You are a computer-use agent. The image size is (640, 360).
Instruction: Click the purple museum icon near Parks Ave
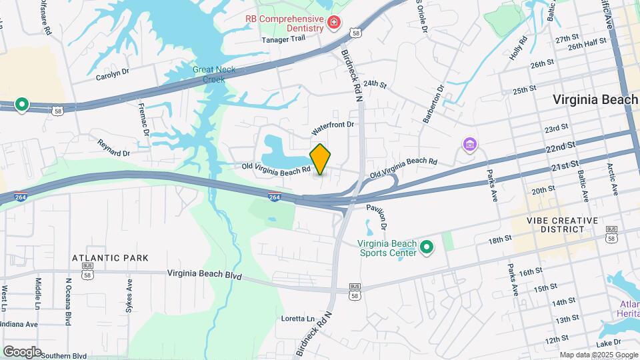coord(470,144)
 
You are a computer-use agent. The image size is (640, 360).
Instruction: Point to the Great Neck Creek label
coord(209,74)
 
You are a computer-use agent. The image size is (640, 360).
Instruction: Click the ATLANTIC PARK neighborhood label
coord(111,257)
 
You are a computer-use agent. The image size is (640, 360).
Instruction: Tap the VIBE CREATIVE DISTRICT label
coord(554,225)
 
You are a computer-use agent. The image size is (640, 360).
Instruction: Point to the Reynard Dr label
coord(112,145)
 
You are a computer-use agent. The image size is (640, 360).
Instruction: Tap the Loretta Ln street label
coord(297,318)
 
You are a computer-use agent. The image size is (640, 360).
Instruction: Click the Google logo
coord(22,351)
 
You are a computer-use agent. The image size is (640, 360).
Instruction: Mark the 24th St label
coord(375,84)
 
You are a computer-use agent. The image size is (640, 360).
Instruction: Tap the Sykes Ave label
coord(129,296)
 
